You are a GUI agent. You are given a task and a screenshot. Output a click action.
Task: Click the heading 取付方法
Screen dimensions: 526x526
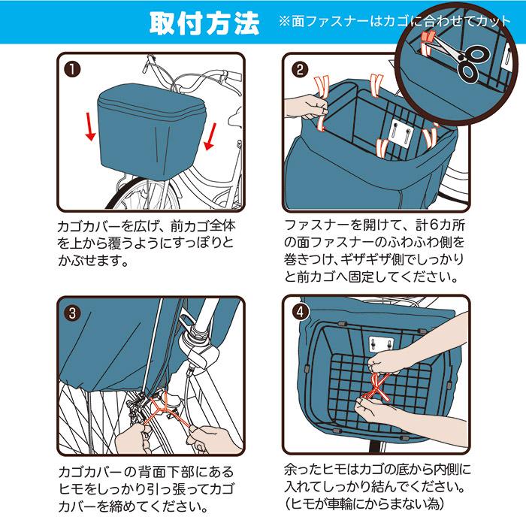(203, 23)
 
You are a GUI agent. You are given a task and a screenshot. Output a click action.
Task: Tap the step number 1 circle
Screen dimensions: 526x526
(73, 71)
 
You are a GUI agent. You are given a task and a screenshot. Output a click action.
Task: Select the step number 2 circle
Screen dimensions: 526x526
(301, 71)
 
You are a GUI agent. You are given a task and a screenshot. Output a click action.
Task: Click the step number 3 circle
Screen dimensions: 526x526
(73, 313)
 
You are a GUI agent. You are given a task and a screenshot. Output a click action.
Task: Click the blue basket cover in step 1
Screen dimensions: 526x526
(150, 128)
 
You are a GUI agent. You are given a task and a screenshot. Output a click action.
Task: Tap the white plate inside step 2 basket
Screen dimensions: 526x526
(395, 134)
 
